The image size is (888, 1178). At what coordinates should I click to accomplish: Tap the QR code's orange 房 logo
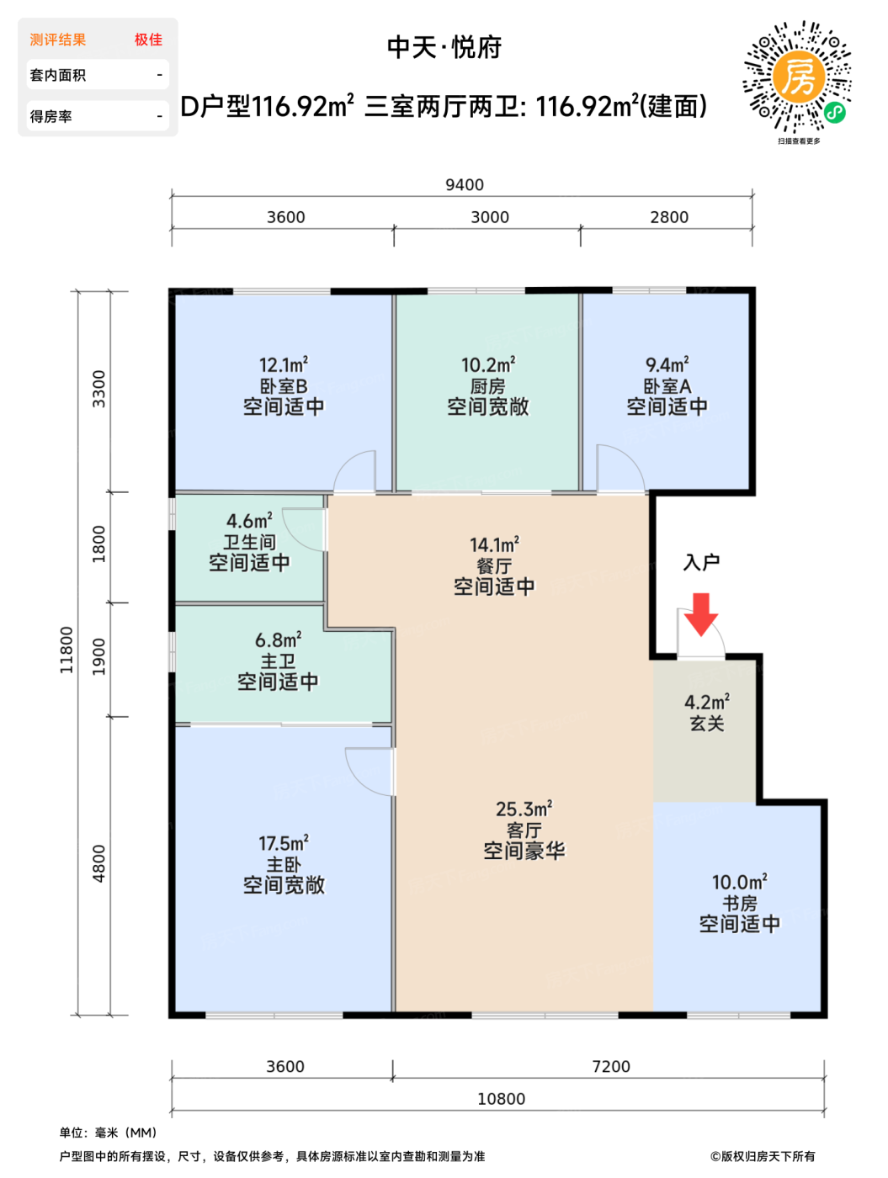[x=798, y=77]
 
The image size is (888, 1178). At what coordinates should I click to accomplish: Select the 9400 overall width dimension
[x=465, y=184]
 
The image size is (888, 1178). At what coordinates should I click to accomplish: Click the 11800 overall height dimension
[x=66, y=650]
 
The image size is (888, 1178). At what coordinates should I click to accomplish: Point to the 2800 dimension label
[x=669, y=217]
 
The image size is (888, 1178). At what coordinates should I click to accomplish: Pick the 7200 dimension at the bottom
[x=611, y=1066]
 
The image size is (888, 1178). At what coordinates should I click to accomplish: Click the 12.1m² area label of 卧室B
[x=284, y=365]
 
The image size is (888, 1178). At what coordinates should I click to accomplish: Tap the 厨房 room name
[x=487, y=386]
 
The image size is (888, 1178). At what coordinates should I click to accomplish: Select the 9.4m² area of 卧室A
[x=667, y=365]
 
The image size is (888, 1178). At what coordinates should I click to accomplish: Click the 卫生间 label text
[x=249, y=542]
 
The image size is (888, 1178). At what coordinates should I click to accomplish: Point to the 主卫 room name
[x=278, y=661]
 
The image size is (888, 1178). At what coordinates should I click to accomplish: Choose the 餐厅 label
[x=494, y=565]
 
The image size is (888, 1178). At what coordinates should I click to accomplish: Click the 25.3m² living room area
[x=524, y=809]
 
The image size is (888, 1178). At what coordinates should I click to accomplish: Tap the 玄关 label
[x=706, y=723]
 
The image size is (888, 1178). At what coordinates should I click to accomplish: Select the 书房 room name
[x=739, y=903]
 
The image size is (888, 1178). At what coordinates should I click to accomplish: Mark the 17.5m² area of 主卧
[x=284, y=843]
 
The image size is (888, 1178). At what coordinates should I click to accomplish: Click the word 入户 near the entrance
[x=701, y=562]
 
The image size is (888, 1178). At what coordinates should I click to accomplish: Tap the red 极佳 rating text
[x=148, y=40]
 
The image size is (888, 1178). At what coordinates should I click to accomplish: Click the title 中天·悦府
[x=444, y=47]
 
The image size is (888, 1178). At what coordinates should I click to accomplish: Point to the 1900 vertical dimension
[x=98, y=656]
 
